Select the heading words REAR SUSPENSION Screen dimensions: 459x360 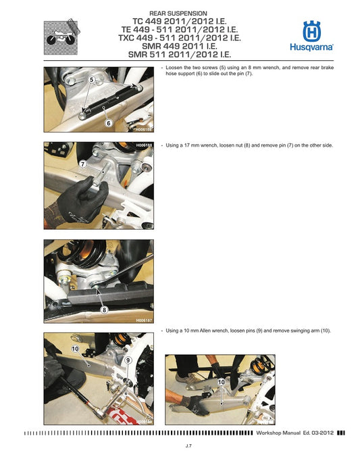(178, 14)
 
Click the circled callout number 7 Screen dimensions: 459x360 (82, 164)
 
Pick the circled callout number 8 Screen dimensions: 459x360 (105, 310)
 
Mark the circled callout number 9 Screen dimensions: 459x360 (127, 360)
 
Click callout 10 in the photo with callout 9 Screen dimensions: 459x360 (75, 349)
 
